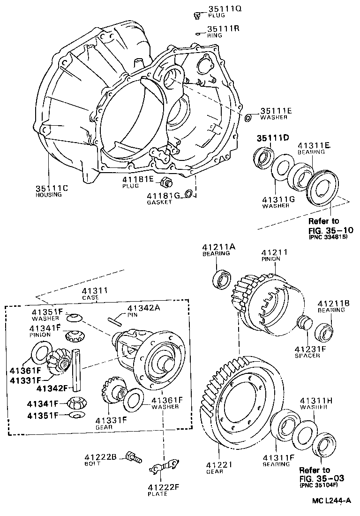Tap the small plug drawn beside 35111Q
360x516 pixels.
198,15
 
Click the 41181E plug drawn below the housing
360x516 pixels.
165,182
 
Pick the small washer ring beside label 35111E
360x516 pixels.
248,117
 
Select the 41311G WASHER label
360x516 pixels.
278,202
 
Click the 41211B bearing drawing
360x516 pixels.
323,332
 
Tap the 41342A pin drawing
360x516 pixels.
114,321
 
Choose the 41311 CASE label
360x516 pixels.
96,293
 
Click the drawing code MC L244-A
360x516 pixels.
332,501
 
